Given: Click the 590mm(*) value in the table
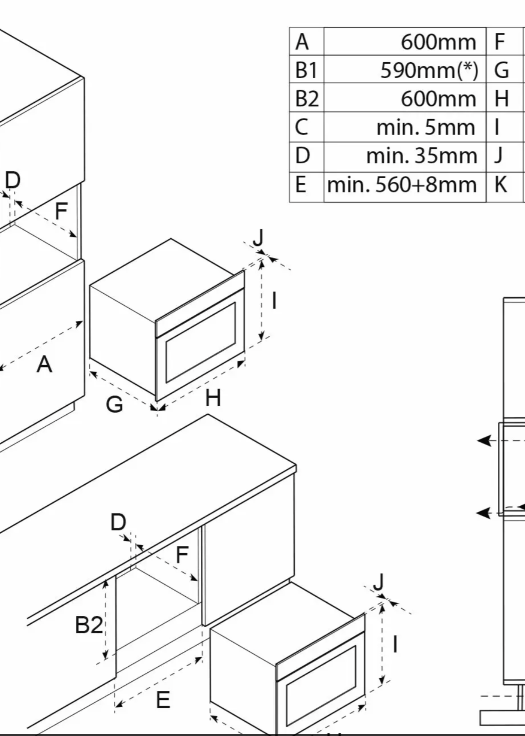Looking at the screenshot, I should (x=429, y=70).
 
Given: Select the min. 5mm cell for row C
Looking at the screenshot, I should (x=426, y=127).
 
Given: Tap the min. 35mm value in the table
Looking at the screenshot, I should (x=421, y=156).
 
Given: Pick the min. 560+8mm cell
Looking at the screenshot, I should (x=402, y=185).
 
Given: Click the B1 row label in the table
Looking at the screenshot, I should (x=306, y=70).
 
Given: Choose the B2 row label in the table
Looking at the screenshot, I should (x=307, y=99).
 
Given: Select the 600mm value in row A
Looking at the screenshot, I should (x=438, y=42).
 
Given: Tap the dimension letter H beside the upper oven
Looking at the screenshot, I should (x=213, y=398).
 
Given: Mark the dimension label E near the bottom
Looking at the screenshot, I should (x=163, y=700).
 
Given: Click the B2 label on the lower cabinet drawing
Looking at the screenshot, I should (x=89, y=625).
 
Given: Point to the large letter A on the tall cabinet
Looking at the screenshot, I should (x=44, y=365).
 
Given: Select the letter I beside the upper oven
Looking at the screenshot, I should (x=274, y=301).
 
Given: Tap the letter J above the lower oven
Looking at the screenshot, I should (x=378, y=582).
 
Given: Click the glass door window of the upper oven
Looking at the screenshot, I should (x=201, y=342).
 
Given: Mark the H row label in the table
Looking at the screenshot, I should (x=501, y=99).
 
